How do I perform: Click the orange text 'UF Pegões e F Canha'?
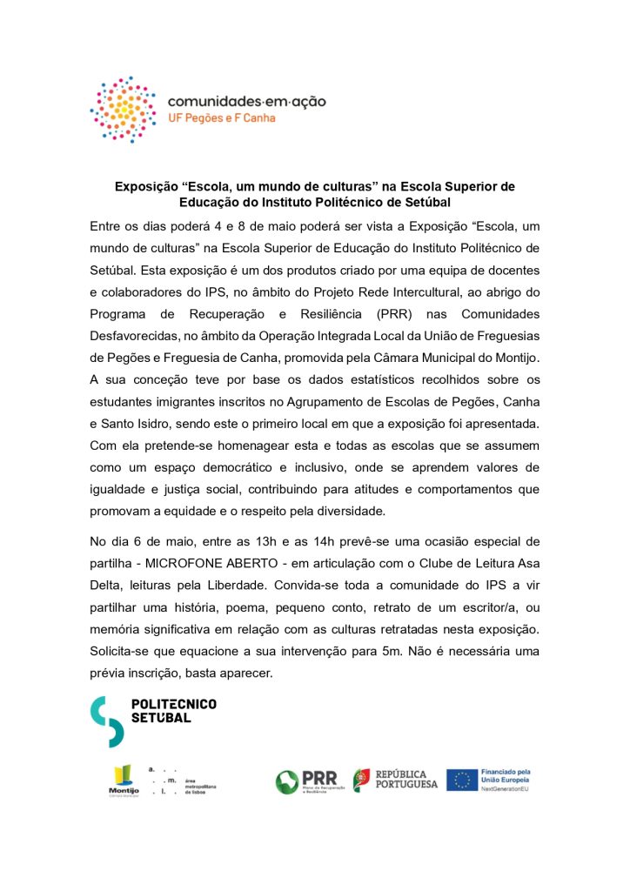click(221, 118)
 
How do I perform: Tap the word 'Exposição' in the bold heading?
click(147, 186)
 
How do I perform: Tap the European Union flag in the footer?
click(461, 780)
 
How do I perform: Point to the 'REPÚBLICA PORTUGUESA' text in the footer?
click(407, 780)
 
